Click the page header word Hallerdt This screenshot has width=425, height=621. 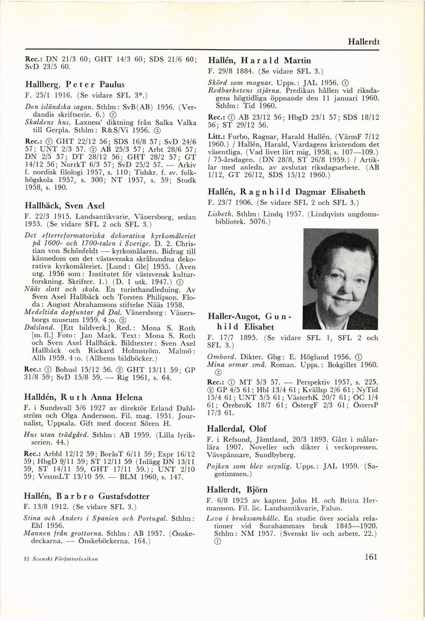pos(379,41)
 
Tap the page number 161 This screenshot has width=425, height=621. pos(371,557)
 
